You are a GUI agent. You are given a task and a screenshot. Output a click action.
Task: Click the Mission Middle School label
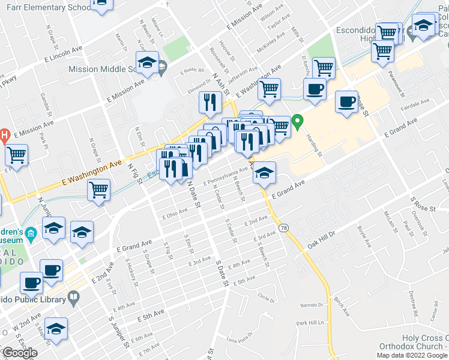tap(102, 69)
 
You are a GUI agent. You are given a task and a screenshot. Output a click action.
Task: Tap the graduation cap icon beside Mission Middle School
tap(146, 62)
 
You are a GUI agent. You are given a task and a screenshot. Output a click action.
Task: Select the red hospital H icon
tap(3, 136)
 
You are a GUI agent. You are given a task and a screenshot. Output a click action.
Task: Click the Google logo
tap(19, 353)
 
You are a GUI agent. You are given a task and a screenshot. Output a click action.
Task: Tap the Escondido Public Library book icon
tap(73, 296)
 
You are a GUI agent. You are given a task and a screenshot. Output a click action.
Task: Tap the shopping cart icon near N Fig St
tap(99, 190)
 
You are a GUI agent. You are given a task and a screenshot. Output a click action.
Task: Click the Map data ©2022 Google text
tap(412, 355)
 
